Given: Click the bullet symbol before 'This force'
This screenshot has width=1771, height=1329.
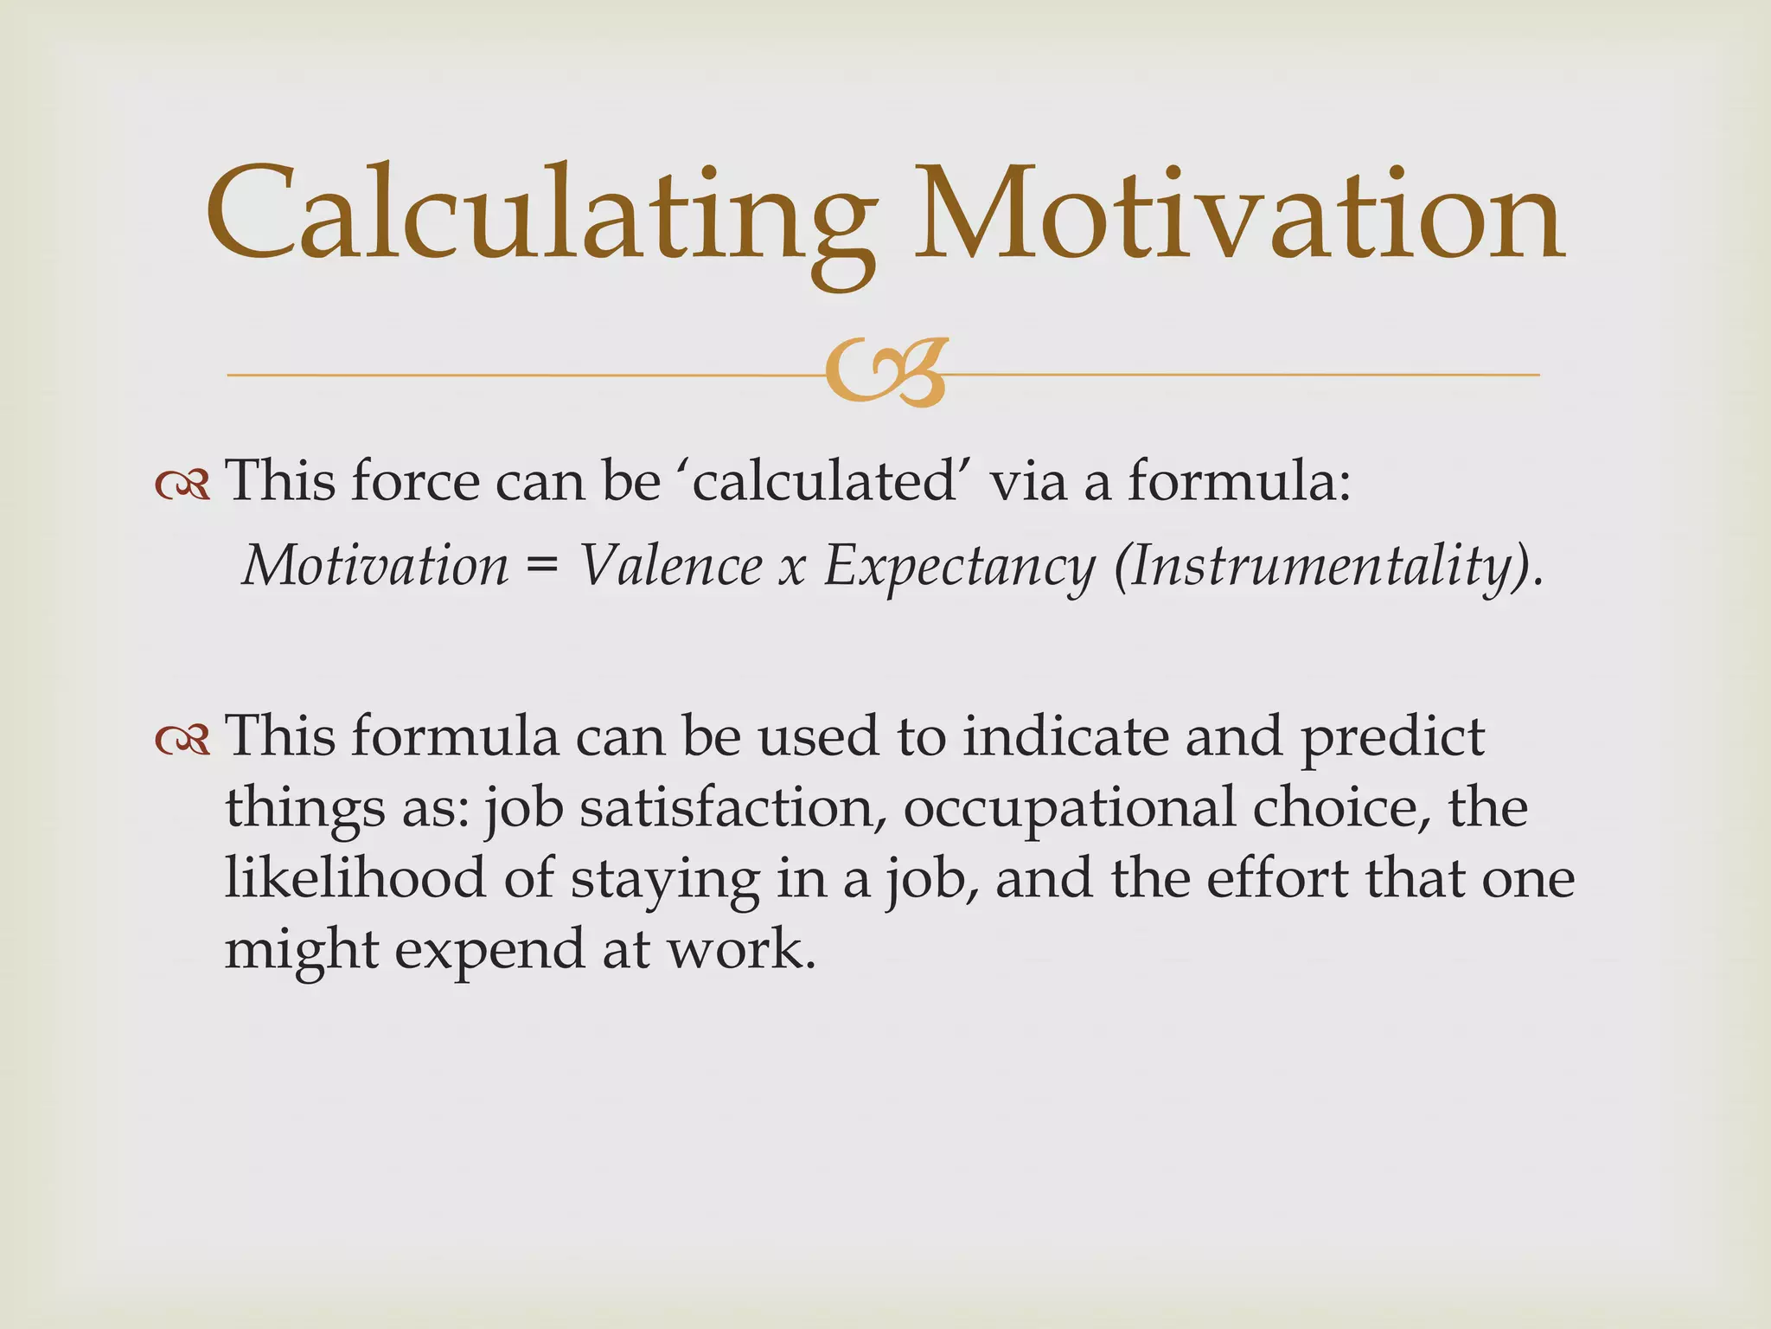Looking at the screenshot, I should tap(182, 485).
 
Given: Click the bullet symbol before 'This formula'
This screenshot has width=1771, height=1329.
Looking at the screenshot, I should tap(182, 741).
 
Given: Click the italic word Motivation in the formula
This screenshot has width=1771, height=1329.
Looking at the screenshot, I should tap(376, 566).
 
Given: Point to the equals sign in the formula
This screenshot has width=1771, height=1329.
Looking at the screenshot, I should tap(542, 568).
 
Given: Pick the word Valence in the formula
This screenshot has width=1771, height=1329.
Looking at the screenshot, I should tap(671, 566).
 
